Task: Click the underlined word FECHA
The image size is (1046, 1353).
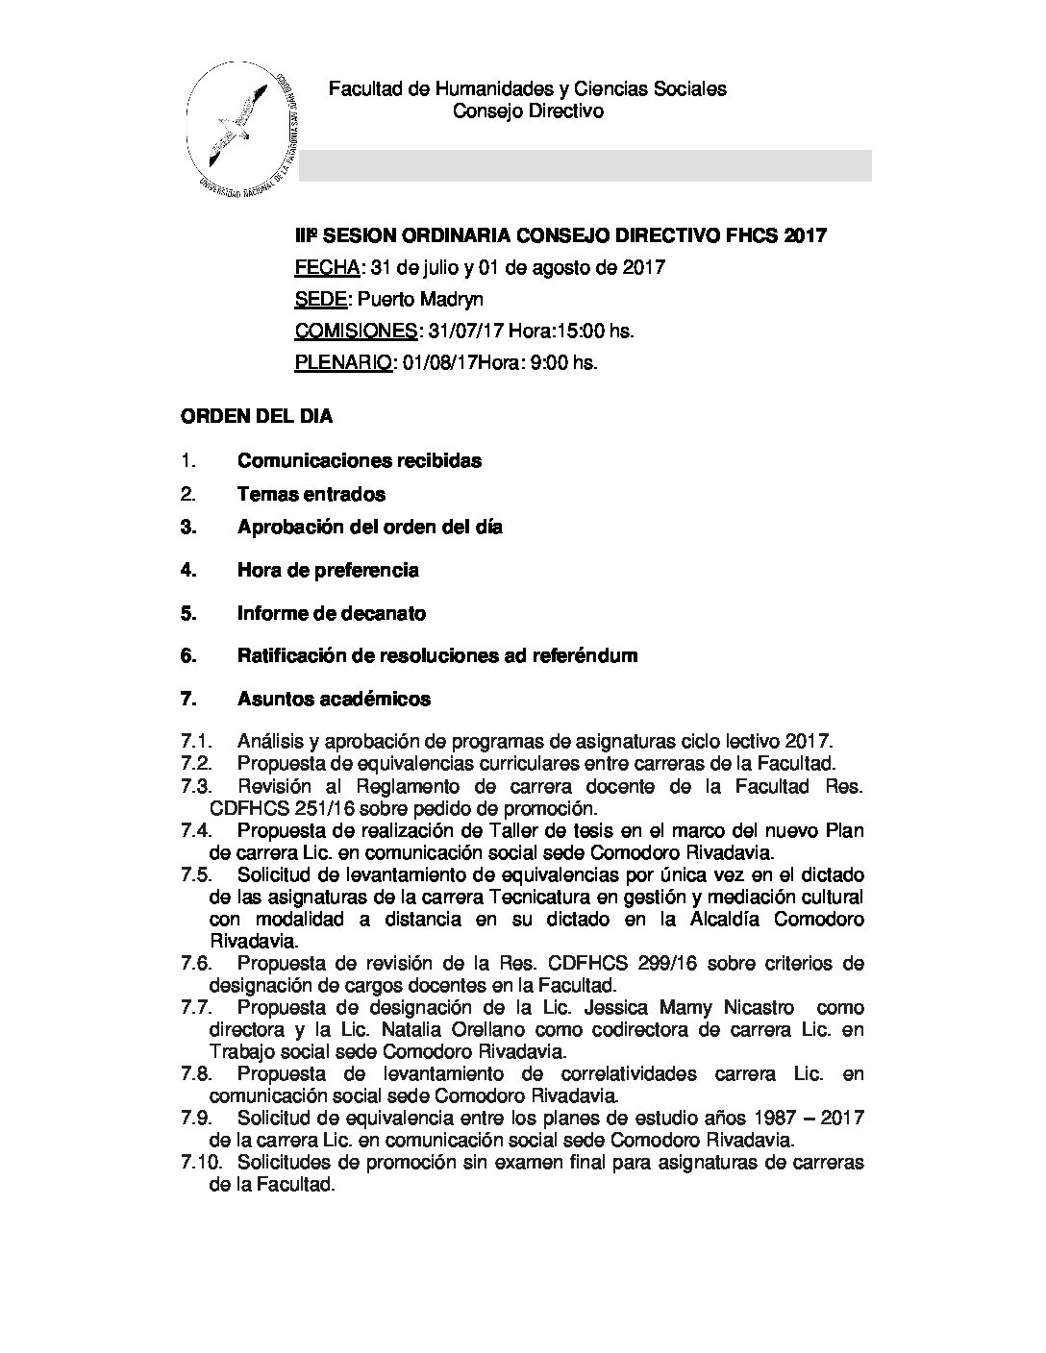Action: [x=328, y=267]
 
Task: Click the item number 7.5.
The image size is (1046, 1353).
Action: [x=196, y=875]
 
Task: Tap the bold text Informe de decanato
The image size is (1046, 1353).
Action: [x=332, y=613]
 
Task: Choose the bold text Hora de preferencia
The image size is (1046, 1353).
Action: [x=328, y=570]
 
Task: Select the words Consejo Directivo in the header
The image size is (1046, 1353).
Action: [x=528, y=111]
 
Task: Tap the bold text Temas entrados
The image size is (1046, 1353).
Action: [x=311, y=494]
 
